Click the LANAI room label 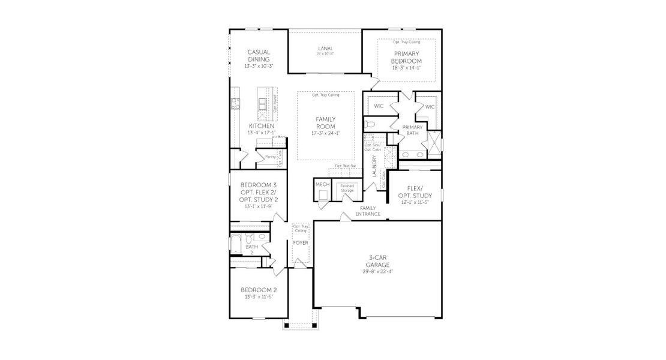(325, 49)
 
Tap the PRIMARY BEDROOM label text (406, 58)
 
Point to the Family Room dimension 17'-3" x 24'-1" (325, 133)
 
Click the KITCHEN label (262, 126)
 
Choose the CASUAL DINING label (259, 56)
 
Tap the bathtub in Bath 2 (235, 245)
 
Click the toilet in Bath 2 (262, 237)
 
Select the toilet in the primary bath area (371, 124)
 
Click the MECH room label (322, 184)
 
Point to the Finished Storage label (347, 188)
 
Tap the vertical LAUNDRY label (374, 166)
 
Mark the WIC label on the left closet (379, 106)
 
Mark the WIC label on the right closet (429, 106)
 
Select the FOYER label (301, 243)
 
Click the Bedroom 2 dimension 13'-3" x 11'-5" (259, 297)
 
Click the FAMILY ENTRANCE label (368, 211)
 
